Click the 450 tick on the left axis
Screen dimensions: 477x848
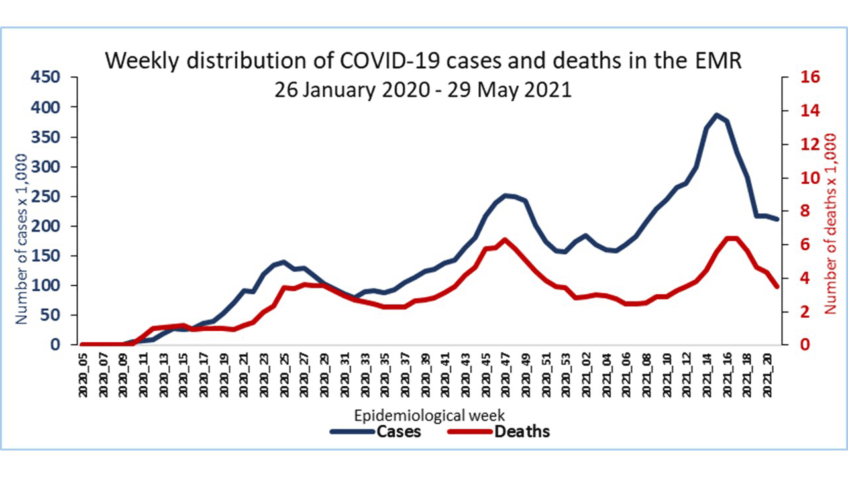(x=46, y=78)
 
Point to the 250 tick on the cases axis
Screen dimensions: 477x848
(x=46, y=197)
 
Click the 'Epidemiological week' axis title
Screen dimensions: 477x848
(x=430, y=416)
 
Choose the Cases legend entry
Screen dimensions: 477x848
(x=376, y=432)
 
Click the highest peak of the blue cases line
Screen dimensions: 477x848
(x=716, y=115)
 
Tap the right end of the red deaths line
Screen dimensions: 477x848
(x=777, y=286)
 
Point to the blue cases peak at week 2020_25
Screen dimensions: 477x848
(x=284, y=262)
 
